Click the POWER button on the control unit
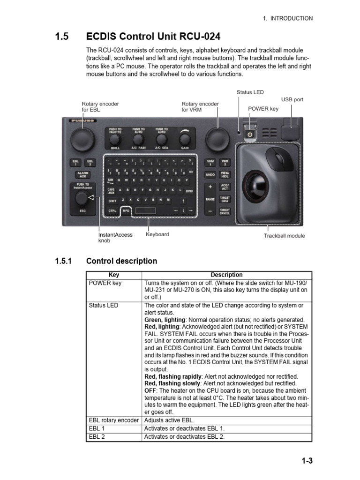[x=250, y=134]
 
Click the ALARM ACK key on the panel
[x=82, y=174]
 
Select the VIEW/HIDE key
[x=225, y=174]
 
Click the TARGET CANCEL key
[x=225, y=211]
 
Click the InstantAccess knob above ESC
[x=82, y=199]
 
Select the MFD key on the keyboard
[x=126, y=211]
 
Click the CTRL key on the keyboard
[x=112, y=211]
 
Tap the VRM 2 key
[x=225, y=162]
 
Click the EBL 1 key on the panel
[x=75, y=162]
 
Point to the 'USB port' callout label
[x=292, y=99]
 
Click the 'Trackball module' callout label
[x=284, y=236]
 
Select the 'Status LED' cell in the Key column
[x=104, y=305]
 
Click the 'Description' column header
[x=227, y=275]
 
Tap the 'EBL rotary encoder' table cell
[x=114, y=420]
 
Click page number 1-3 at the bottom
[x=307, y=461]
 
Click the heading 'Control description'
[x=122, y=261]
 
